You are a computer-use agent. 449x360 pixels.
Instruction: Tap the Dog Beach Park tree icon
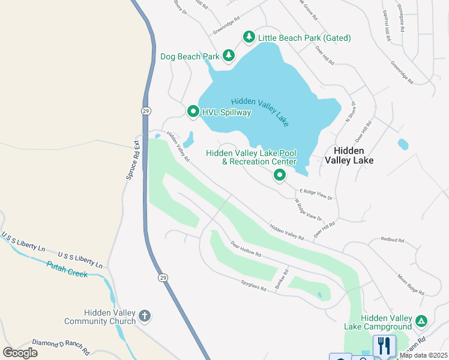228,56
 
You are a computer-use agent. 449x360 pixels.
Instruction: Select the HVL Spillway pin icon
193,112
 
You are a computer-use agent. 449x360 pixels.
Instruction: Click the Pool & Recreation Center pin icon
279,175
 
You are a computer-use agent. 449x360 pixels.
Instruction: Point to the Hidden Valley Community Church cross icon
144,316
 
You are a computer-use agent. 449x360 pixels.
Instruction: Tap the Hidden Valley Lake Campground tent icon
422,321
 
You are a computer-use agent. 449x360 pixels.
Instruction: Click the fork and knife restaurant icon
384,346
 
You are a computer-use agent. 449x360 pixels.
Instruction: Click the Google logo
20,353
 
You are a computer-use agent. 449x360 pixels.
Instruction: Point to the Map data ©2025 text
423,355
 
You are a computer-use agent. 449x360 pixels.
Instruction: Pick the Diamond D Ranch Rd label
60,346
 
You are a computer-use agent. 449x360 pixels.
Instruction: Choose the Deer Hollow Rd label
246,249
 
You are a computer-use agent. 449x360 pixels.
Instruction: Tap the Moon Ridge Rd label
411,284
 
